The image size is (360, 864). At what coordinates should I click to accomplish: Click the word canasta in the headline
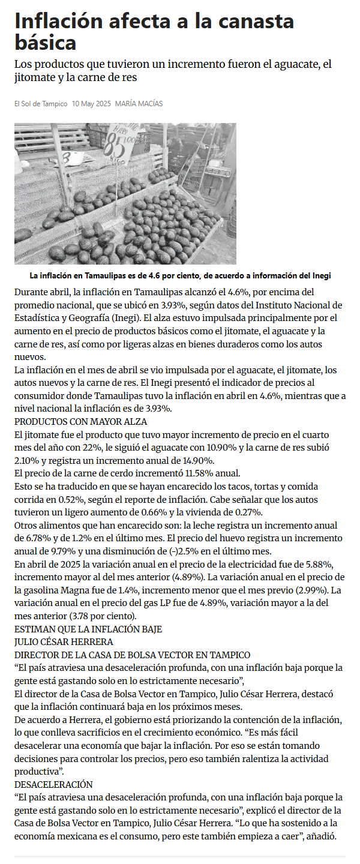256,22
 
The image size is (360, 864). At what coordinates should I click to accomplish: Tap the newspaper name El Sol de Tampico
41,104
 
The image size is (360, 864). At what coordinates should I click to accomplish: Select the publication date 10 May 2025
91,104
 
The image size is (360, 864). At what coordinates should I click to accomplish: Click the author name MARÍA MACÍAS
139,104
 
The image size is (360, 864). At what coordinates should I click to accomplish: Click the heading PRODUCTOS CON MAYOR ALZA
81,422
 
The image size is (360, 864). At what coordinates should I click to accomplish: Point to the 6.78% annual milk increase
28,538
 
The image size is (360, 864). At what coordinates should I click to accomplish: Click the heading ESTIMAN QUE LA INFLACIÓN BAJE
88,629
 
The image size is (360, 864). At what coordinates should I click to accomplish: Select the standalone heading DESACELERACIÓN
53,784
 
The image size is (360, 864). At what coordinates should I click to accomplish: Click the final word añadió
328,836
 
